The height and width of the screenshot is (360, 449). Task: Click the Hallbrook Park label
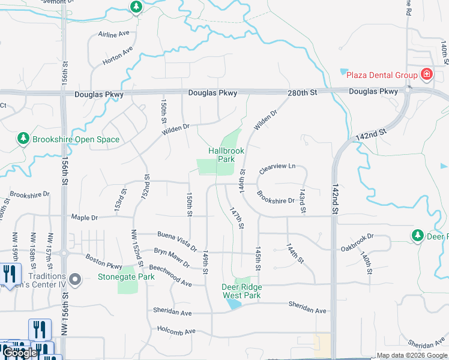226,155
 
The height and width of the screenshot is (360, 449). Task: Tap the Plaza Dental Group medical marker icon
427,74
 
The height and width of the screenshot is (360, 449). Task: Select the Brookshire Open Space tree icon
23,139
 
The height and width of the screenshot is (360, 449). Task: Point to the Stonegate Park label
126,277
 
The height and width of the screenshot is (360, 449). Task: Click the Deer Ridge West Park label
241,291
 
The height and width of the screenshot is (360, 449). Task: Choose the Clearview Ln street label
277,169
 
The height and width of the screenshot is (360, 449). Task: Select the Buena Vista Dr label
177,241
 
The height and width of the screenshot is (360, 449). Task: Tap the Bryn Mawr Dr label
172,257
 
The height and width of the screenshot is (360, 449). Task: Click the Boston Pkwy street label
104,262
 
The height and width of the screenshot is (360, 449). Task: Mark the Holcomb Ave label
176,331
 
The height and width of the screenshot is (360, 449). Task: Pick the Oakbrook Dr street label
357,242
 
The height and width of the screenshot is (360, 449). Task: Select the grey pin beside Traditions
75,279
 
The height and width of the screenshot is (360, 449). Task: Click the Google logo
19,353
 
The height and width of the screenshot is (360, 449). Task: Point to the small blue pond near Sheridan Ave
234,304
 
